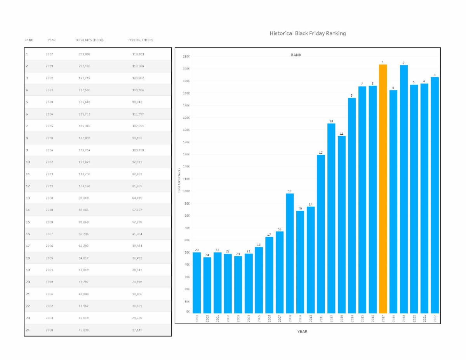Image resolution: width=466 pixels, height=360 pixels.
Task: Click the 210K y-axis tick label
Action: tap(186, 57)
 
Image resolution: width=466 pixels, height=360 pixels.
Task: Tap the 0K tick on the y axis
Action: tap(188, 311)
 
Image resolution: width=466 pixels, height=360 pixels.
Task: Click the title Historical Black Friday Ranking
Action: tap(308, 33)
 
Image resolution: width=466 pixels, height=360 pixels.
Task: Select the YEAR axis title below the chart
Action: tap(302, 332)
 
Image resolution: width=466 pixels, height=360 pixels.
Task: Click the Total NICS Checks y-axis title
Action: tap(179, 180)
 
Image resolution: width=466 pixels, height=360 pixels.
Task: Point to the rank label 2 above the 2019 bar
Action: tap(403, 63)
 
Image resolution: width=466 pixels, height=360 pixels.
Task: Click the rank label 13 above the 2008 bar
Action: tap(290, 191)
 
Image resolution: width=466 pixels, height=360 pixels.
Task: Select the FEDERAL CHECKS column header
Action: tap(141, 40)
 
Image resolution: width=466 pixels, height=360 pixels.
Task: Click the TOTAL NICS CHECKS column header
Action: tap(89, 40)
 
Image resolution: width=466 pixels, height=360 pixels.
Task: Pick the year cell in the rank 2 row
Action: tap(49, 66)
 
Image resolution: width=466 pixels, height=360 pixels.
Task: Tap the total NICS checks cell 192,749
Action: tap(84, 78)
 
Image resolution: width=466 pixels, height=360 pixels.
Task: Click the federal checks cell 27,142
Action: tap(138, 330)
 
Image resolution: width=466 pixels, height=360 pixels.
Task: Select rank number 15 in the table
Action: tap(28, 222)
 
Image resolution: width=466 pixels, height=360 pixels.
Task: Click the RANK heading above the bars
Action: tap(296, 55)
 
